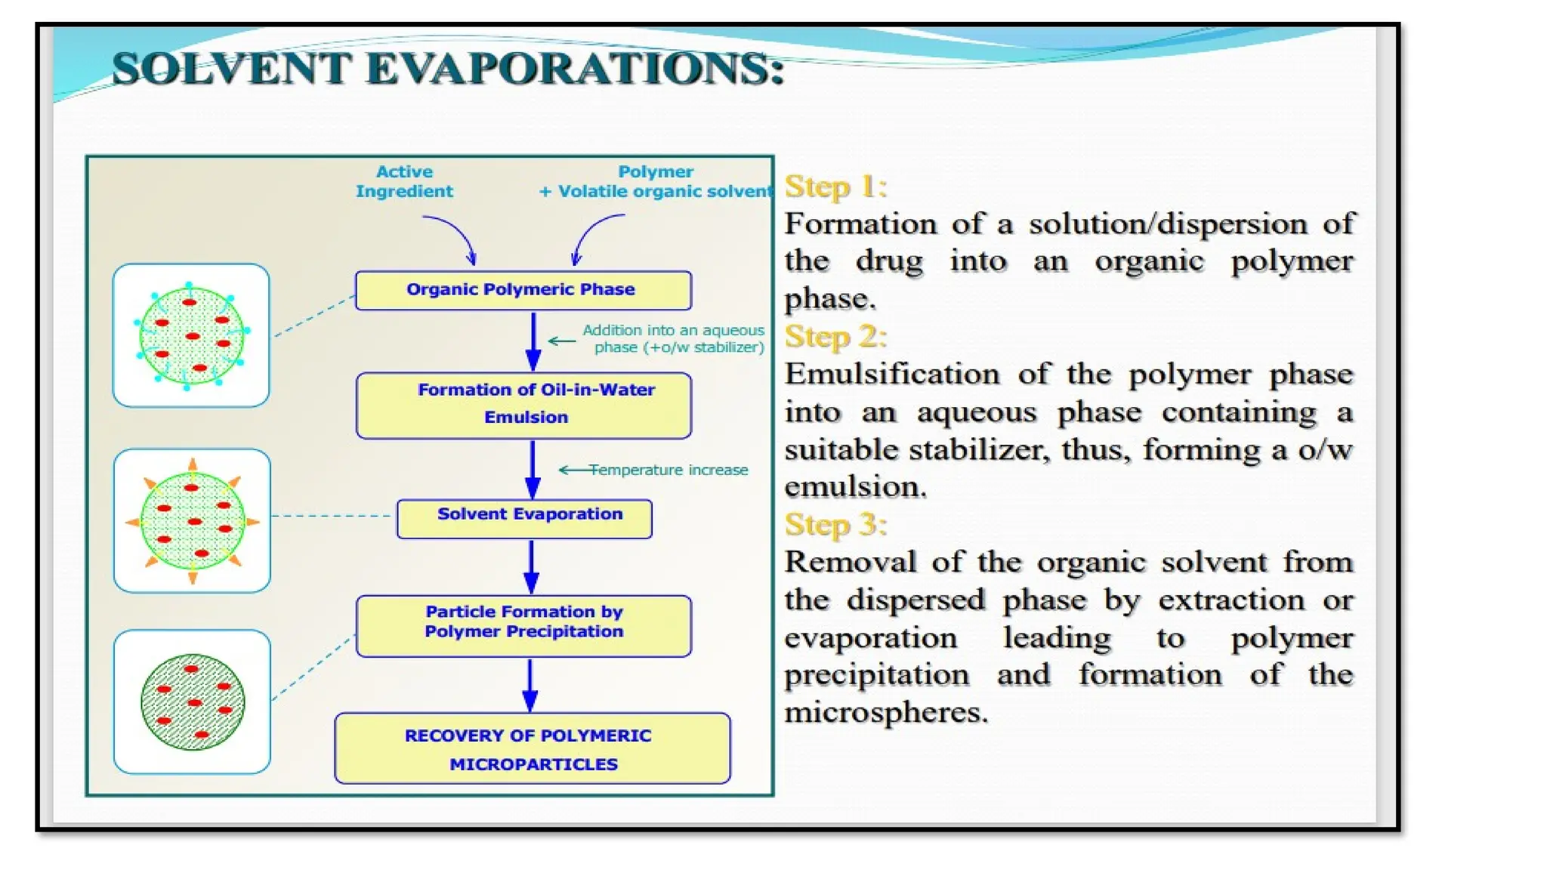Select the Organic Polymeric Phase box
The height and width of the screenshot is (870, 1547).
coord(523,290)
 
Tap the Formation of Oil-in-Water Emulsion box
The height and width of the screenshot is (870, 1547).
coord(523,405)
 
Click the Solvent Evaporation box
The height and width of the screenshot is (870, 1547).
coord(524,518)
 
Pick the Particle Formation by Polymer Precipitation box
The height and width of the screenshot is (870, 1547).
coord(523,625)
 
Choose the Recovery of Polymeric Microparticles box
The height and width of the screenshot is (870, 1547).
coord(532,748)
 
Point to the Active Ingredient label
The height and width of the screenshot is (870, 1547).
coord(404,181)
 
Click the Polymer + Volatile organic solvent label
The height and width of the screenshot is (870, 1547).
coord(656,182)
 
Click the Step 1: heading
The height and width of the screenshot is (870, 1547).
coord(835,187)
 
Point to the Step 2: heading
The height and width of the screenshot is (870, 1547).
coord(835,337)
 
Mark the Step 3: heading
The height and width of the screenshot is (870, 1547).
coord(835,524)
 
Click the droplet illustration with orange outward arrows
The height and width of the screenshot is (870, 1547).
coord(192,520)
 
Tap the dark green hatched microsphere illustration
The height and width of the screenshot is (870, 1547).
coord(192,702)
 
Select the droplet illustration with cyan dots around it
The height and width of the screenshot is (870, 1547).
coord(191,335)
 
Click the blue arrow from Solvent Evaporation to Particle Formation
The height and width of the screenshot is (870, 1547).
coord(531,566)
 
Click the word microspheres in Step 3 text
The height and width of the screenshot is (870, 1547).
coord(885,711)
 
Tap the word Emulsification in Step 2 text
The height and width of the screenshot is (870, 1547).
coord(892,375)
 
